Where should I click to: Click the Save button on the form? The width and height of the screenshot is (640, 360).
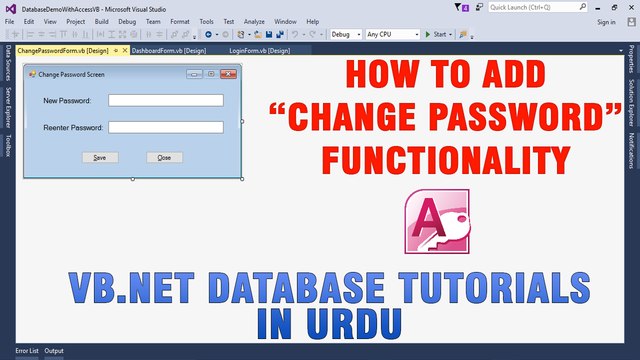pos(99,158)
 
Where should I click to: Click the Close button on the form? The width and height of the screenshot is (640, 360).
pos(164,158)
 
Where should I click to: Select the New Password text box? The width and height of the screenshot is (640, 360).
pos(165,100)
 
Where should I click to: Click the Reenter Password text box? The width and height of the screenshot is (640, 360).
pos(165,127)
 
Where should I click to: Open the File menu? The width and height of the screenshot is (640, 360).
pos(10,21)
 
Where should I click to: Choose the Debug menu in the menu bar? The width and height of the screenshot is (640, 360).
pos(127,21)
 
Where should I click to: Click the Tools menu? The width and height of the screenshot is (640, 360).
pos(206,21)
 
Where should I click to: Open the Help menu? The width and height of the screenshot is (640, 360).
pos(313,21)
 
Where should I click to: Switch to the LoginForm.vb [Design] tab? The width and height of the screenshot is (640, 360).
pos(259,50)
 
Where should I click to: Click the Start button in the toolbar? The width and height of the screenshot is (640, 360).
pos(438,34)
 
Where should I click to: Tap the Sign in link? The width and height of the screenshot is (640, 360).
pos(606,21)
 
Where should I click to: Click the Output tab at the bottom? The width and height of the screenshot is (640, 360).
pos(54,351)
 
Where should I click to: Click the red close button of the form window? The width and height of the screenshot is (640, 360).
pos(228,74)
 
